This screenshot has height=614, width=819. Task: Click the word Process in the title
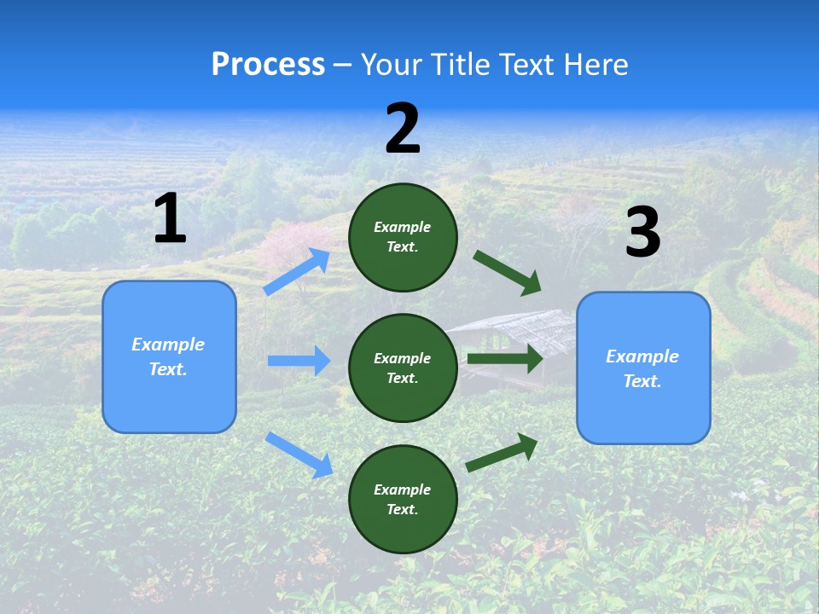[x=268, y=65]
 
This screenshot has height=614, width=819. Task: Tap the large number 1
[x=170, y=219]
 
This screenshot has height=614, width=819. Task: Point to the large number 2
[x=403, y=129]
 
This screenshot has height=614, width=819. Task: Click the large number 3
[x=642, y=233]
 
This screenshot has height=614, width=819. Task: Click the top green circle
[x=403, y=237]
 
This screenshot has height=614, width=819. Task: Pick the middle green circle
[x=403, y=368]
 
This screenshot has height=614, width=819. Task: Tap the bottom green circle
[x=403, y=499]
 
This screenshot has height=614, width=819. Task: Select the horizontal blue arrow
[x=299, y=361]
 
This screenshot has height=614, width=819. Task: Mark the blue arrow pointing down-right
[x=299, y=454]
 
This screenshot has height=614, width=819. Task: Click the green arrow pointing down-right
[x=507, y=272]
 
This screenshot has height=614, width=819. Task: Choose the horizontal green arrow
[x=504, y=359]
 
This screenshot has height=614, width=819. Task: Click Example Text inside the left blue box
[x=168, y=356]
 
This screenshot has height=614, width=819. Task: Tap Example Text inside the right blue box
[x=642, y=368]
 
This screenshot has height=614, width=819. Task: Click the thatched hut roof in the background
[x=520, y=328]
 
